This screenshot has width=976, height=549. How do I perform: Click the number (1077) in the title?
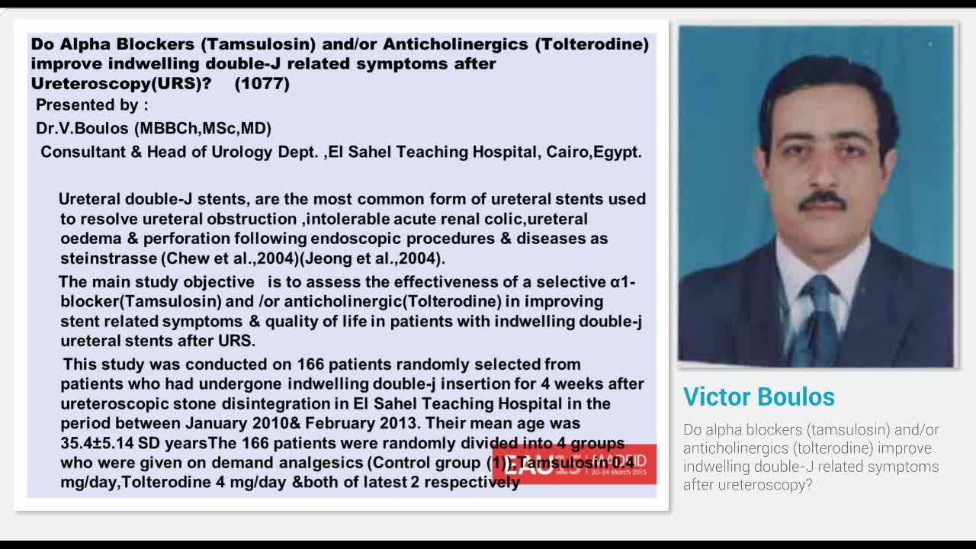click(262, 84)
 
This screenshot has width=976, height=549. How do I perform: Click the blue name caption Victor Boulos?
click(759, 396)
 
